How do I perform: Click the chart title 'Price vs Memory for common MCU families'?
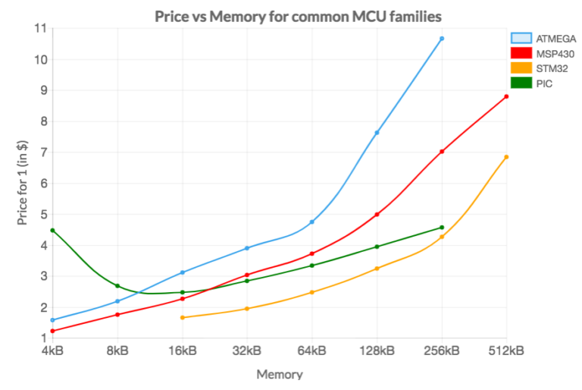point(298,15)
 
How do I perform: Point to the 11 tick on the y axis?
point(39,28)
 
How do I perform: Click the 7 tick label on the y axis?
point(42,152)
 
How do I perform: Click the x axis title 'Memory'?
point(279,374)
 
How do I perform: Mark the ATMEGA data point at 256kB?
point(442,39)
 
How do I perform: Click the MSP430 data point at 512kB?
point(506,96)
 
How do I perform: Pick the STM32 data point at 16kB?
point(183,317)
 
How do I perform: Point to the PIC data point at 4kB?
point(52,230)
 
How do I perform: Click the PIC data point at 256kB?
point(442,228)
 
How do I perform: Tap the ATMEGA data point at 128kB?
point(377,133)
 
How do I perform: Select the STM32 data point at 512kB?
point(506,157)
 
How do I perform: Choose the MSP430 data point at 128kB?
point(377,214)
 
